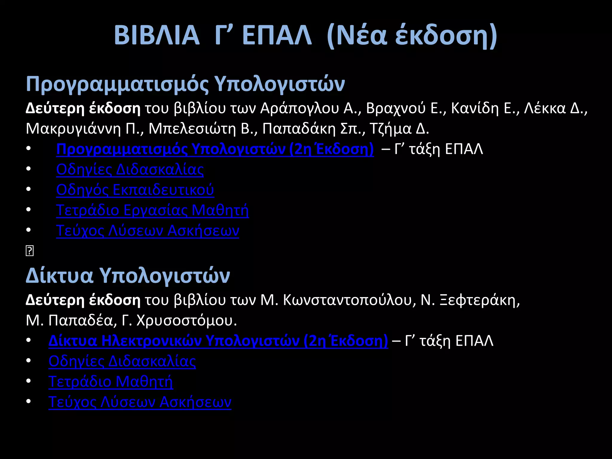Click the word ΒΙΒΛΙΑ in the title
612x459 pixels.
[157, 35]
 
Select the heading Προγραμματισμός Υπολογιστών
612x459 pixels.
[185, 84]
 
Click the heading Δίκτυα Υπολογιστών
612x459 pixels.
[128, 276]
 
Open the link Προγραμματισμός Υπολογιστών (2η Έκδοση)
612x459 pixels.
[215, 149]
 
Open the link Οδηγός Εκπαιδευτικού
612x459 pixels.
[135, 190]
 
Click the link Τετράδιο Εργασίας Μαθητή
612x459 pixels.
[152, 210]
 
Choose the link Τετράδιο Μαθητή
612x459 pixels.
[111, 382]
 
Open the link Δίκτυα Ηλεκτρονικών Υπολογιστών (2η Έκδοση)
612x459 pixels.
[218, 341]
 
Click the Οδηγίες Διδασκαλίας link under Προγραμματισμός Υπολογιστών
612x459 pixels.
[130, 169]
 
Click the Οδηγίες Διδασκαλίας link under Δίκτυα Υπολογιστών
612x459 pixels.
[122, 361]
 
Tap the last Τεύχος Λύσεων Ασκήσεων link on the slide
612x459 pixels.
[140, 402]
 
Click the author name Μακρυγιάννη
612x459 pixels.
[73, 129]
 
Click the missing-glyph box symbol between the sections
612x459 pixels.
[30, 251]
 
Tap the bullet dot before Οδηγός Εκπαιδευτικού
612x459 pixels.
[28, 189]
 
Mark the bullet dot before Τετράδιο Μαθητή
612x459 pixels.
[28, 381]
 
